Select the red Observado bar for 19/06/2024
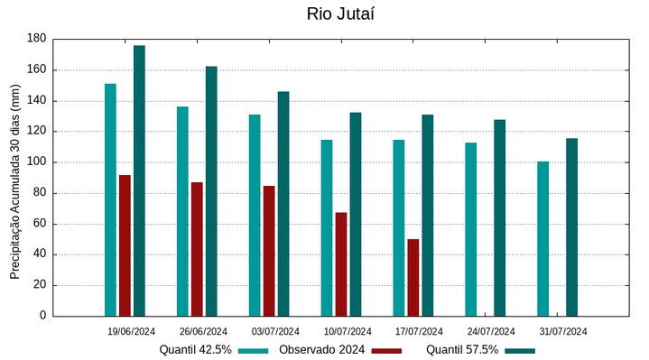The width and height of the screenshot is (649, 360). tap(125, 245)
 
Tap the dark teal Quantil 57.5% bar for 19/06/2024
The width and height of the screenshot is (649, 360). tap(139, 180)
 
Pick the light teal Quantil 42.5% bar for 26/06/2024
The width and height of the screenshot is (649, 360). tap(182, 211)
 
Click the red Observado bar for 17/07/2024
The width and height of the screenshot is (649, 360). tap(413, 277)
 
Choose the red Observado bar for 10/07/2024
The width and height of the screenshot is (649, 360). tap(341, 263)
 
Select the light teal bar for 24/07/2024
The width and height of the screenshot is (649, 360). tap(470, 229)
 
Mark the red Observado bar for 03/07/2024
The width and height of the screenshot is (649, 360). tap(269, 251)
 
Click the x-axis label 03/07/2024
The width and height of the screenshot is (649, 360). tap(275, 331)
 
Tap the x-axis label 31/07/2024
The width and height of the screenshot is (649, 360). tap(563, 331)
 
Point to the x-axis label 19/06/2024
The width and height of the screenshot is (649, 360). tap(131, 331)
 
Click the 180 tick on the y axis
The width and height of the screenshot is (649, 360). tap(36, 39)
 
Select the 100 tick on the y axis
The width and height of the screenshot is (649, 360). tap(36, 162)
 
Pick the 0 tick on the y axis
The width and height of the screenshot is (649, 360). tap(42, 316)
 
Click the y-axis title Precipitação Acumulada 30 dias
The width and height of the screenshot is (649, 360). tap(14, 177)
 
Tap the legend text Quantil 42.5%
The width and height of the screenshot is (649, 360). tap(195, 350)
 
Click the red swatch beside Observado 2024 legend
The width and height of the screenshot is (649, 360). tap(387, 350)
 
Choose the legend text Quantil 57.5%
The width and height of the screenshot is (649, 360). tap(461, 350)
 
